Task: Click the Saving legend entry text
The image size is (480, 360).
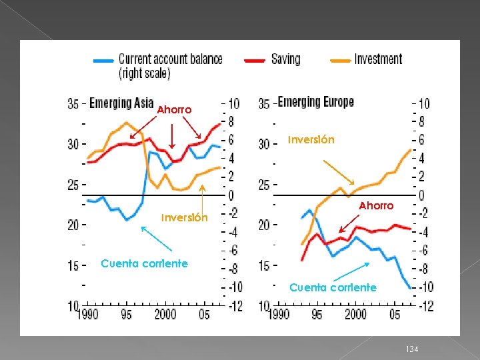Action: (286, 59)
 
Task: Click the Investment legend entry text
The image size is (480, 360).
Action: (379, 59)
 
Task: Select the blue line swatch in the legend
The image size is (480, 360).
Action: (103, 60)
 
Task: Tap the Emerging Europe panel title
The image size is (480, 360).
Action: (315, 102)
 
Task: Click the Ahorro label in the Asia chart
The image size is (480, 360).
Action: (174, 109)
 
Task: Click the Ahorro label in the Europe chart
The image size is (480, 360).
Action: (377, 206)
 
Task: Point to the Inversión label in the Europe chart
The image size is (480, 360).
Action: (311, 140)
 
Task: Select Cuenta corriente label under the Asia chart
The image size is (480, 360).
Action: (144, 263)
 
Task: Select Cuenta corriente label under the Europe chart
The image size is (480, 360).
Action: (333, 287)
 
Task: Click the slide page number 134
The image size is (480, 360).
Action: (411, 349)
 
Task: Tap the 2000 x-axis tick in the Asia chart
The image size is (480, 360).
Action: (165, 314)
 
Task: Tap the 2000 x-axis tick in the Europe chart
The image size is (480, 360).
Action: (356, 314)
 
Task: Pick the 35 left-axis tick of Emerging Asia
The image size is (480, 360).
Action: (73, 103)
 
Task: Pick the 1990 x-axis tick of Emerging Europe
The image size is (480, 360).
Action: (279, 314)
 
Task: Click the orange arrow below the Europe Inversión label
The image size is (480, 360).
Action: (338, 171)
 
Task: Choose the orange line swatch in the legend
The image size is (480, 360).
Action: (340, 60)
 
